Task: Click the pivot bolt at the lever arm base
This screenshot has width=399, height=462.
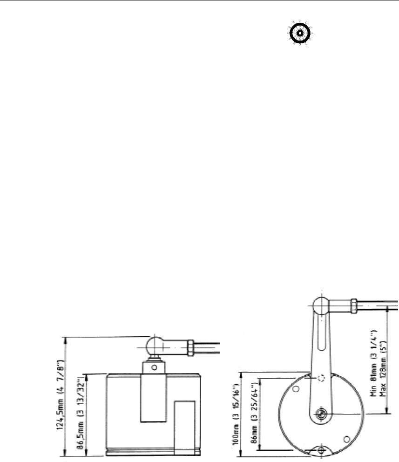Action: (x=321, y=413)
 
